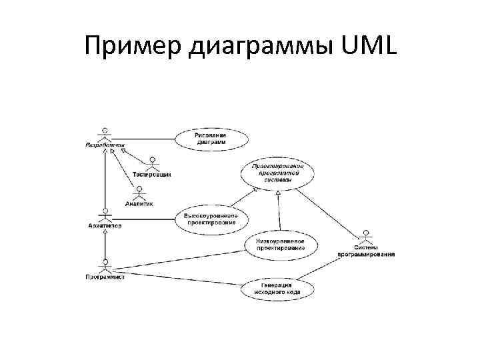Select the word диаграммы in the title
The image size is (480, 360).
tap(247, 47)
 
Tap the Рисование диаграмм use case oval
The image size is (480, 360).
tap(212, 139)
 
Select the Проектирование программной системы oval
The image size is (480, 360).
tap(278, 173)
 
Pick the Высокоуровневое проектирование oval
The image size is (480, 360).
tap(211, 218)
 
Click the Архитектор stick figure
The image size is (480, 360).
tap(104, 216)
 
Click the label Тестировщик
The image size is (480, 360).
tap(152, 175)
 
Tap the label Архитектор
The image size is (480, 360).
tap(105, 225)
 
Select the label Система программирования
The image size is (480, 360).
tap(365, 251)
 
